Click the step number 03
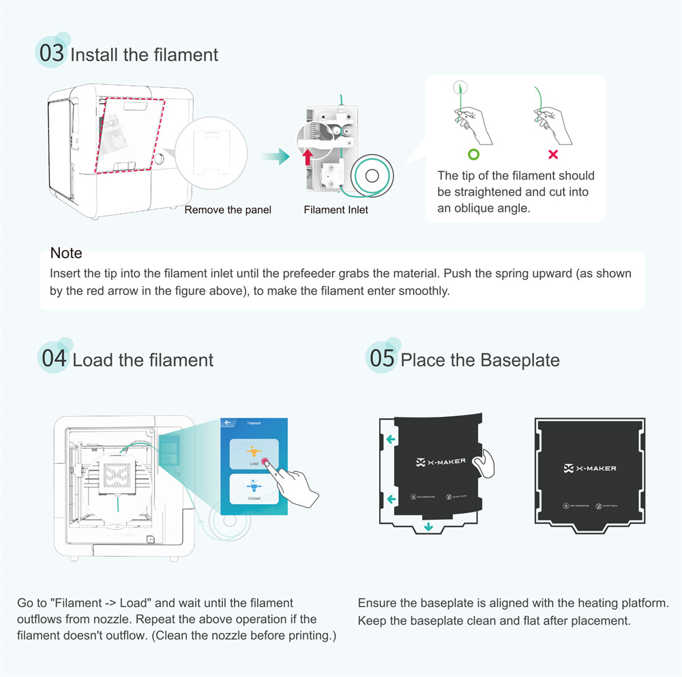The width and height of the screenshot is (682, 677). click(x=51, y=53)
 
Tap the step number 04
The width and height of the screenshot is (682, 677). click(x=54, y=358)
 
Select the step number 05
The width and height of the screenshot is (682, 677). click(x=382, y=358)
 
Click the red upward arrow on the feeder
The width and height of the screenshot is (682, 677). click(x=308, y=156)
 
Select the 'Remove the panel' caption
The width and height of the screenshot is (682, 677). click(x=228, y=210)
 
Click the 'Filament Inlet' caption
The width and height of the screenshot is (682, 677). click(x=336, y=210)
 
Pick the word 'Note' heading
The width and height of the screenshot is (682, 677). click(x=66, y=253)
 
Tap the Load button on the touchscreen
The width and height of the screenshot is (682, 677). click(x=254, y=454)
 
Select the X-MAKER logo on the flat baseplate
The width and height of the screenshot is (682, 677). click(x=590, y=469)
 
